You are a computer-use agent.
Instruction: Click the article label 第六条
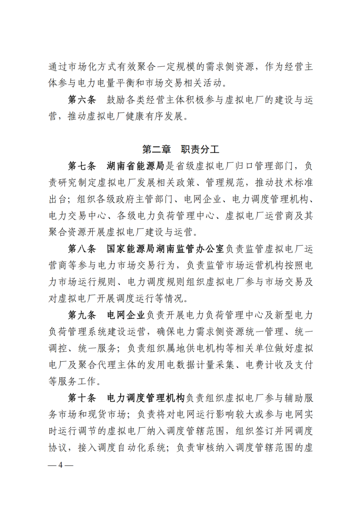pos(82,100)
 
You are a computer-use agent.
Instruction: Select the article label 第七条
pos(82,166)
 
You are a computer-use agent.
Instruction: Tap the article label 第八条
pos(82,249)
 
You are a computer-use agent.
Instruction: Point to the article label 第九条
pos(82,315)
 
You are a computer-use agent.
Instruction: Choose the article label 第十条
pos(82,398)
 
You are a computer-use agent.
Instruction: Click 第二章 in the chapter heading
pos(156,149)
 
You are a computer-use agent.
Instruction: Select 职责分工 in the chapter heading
pos(200,149)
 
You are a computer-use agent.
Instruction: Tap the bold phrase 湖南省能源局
pos(135,166)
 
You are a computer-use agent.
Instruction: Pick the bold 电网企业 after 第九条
pos(126,315)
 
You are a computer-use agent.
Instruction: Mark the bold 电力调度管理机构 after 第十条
pos(145,398)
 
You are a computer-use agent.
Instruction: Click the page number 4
pos(60,465)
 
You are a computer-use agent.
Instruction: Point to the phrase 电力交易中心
pos(77,216)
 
